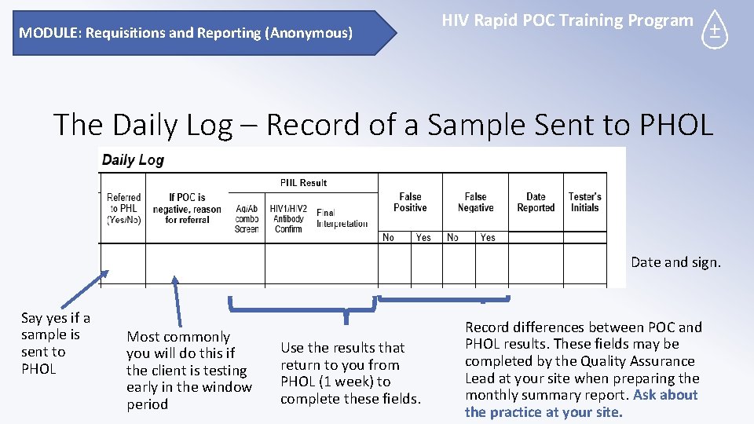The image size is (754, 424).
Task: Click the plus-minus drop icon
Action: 714,31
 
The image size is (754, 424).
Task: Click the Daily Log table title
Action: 133,160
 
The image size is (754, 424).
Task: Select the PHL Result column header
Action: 303,183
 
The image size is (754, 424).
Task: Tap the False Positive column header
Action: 410,203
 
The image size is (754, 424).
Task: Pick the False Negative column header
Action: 475,203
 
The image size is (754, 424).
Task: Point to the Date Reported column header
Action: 536,203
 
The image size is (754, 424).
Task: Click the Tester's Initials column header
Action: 584,203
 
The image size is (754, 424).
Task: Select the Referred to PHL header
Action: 124,209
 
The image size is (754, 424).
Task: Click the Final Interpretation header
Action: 342,218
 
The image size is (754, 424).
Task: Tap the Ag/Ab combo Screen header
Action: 247,218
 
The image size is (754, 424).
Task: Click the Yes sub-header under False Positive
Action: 423,237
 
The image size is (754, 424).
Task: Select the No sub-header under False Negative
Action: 452,237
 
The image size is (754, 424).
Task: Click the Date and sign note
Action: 675,262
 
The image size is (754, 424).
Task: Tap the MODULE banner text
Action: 185,33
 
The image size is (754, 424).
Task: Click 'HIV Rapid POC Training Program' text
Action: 567,20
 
